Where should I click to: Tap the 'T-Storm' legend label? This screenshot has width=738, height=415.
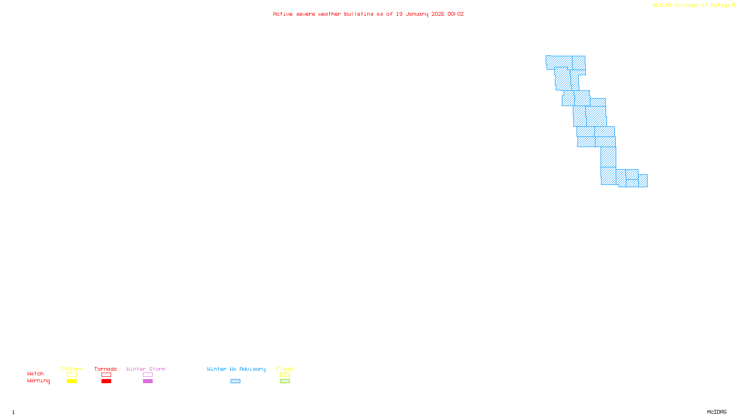point(71,369)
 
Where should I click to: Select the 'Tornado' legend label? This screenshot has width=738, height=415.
point(106,369)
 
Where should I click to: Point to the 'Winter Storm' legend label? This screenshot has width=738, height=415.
point(146,369)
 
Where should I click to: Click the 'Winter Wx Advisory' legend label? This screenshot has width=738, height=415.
point(236,369)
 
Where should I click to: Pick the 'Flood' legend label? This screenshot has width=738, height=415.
point(285,369)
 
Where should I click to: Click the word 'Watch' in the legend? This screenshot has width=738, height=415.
point(36,373)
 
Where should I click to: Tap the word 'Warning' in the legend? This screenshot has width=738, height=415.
point(38,381)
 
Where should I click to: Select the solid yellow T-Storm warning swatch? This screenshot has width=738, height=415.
point(71,381)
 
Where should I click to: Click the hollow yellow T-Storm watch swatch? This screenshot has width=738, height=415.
point(71,375)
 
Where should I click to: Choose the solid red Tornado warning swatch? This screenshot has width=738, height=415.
point(107,381)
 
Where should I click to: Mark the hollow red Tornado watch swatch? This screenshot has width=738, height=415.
point(107,375)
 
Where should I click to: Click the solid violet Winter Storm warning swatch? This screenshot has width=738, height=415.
point(148,381)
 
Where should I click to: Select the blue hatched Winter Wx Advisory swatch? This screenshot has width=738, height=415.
point(235,381)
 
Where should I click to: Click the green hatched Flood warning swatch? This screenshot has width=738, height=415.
point(285,381)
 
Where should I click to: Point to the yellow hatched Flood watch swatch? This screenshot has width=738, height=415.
point(285,375)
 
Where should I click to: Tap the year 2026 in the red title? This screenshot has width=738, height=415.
point(438,14)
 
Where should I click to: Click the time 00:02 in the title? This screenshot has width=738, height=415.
point(456,14)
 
